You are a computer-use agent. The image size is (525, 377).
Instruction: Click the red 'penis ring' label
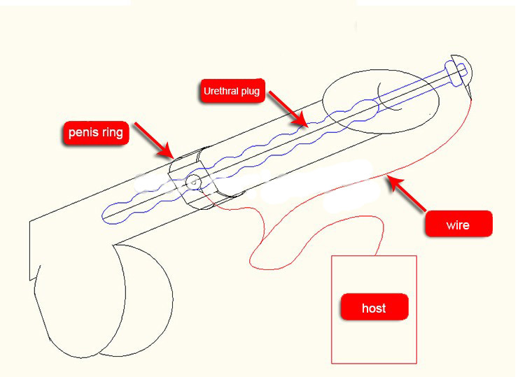pyautogui.click(x=97, y=132)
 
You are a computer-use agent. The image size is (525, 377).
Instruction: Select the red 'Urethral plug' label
pyautogui.click(x=231, y=91)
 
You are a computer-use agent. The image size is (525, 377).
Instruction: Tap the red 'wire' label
pyautogui.click(x=458, y=225)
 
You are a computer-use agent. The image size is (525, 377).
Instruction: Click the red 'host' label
pyautogui.click(x=374, y=308)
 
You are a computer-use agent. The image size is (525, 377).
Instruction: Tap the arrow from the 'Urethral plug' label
pyautogui.click(x=288, y=109)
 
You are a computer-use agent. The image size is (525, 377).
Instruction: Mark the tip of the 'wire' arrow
pyautogui.click(x=389, y=178)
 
